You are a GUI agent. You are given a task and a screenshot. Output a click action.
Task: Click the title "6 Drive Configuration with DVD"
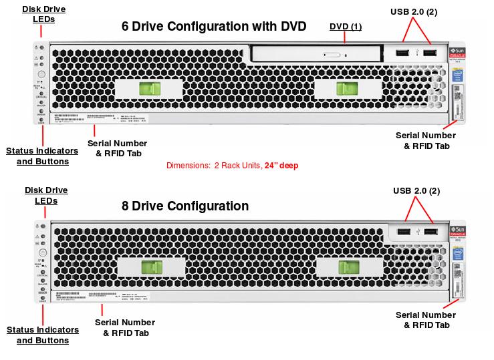[213, 27]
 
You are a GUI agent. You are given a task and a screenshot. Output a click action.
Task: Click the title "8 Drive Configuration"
[185, 206]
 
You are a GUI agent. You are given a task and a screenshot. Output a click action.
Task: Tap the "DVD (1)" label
[346, 27]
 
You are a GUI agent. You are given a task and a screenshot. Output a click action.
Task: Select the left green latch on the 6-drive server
[150, 89]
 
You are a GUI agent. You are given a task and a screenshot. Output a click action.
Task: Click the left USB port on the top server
[401, 53]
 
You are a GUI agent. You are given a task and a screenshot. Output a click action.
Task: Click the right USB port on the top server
[428, 53]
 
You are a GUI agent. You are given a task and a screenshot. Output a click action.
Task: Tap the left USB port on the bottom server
[403, 232]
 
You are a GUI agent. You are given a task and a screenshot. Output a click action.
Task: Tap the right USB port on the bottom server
[430, 232]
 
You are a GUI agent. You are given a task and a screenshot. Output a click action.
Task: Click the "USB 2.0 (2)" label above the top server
[414, 11]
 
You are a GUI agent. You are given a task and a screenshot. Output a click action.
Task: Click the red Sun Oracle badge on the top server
[459, 53]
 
